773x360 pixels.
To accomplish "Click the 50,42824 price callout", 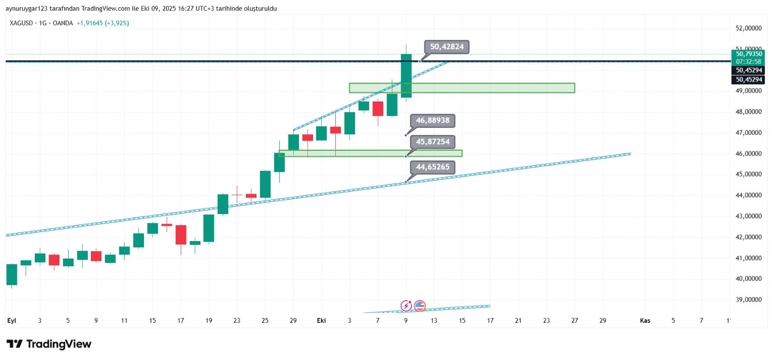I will pyautogui.click(x=446, y=47).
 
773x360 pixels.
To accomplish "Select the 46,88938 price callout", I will pyautogui.click(x=432, y=120).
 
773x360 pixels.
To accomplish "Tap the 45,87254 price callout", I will pyautogui.click(x=432, y=142).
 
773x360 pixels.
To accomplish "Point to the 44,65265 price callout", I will pyautogui.click(x=432, y=167).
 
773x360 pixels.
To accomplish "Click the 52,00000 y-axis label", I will pyautogui.click(x=748, y=29).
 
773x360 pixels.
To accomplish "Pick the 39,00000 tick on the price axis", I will pyautogui.click(x=748, y=300).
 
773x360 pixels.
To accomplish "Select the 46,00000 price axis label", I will pyautogui.click(x=748, y=154).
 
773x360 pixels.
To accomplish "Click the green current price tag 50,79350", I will pyautogui.click(x=748, y=54).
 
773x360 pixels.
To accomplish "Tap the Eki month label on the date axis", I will pyautogui.click(x=321, y=320).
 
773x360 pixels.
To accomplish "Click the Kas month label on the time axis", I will pyautogui.click(x=645, y=320).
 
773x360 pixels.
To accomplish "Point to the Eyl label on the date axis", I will pyautogui.click(x=12, y=320).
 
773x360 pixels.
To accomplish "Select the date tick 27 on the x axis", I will pyautogui.click(x=574, y=320).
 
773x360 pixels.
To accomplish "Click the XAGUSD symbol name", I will pyautogui.click(x=21, y=23).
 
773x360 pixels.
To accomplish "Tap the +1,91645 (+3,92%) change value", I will pyautogui.click(x=103, y=23).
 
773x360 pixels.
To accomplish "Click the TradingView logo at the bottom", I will pyautogui.click(x=49, y=344).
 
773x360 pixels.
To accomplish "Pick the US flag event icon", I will pyautogui.click(x=420, y=305).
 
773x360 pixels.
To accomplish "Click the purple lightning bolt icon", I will pyautogui.click(x=406, y=305).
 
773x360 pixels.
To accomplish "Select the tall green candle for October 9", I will pyautogui.click(x=406, y=75).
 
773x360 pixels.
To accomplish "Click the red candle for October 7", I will pyautogui.click(x=378, y=109).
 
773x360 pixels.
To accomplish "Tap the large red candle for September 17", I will pyautogui.click(x=181, y=234).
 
